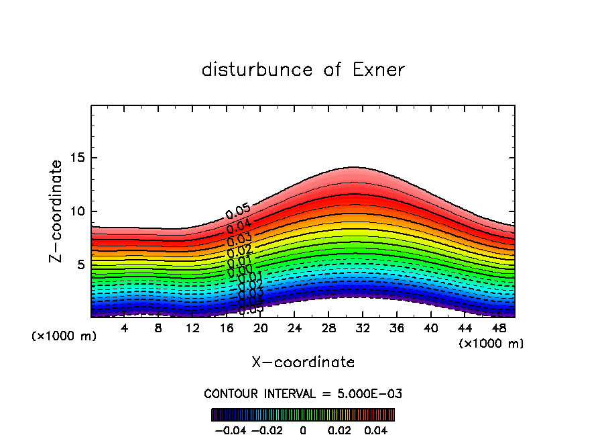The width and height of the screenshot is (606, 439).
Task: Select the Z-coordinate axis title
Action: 56,211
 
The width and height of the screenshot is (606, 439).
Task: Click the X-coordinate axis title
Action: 303,362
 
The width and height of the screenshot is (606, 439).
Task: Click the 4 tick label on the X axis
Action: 125,328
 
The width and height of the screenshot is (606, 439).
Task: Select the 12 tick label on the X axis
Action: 192,328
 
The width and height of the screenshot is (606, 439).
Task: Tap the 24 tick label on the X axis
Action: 294,328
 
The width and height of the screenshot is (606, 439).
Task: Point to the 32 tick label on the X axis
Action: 362,328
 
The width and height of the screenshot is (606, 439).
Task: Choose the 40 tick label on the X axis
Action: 430,328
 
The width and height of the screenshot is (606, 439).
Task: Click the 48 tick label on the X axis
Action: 498,328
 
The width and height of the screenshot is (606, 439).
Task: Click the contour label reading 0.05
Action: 238,212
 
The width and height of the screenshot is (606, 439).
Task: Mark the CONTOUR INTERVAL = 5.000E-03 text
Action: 303,393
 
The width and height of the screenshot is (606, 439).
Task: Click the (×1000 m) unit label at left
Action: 64,336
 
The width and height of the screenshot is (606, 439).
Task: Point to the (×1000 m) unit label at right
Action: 491,343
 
